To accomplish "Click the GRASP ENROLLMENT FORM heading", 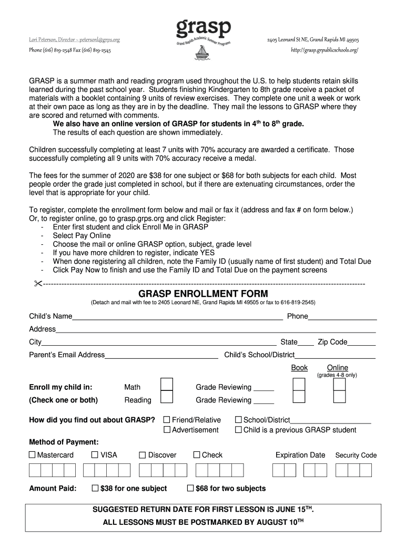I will pyautogui.click(x=203, y=294).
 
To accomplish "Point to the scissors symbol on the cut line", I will pyautogui.click(x=37, y=284).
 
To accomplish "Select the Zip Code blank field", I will pyautogui.click(x=362, y=343).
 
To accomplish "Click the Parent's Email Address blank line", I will pyautogui.click(x=161, y=356).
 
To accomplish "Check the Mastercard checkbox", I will pyautogui.click(x=32, y=455).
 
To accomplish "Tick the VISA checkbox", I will pyautogui.click(x=95, y=455).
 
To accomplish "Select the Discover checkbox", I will pyautogui.click(x=143, y=455).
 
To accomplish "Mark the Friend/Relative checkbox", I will pyautogui.click(x=167, y=420).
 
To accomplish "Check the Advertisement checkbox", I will pyautogui.click(x=167, y=430).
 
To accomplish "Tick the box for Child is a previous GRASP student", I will pyautogui.click(x=238, y=430).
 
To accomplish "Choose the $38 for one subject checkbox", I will pyautogui.click(x=95, y=489).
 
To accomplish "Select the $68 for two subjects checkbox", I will pyautogui.click(x=191, y=489).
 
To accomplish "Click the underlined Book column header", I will pyautogui.click(x=299, y=368).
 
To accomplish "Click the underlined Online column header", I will pyautogui.click(x=337, y=368).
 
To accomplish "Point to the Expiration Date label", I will pyautogui.click(x=300, y=455).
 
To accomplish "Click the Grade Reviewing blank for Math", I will pyautogui.click(x=264, y=389).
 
